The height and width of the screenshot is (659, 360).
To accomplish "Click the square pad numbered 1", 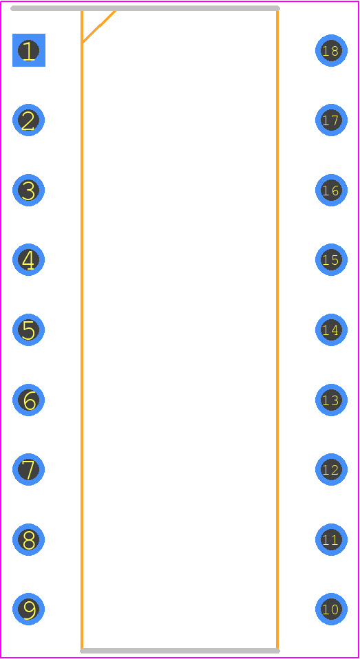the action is coord(29,50).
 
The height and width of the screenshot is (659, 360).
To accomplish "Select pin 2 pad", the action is coord(29,120).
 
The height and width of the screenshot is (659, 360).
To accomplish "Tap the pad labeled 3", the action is coord(29,190).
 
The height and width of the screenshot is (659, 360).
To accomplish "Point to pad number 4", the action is coord(29,260).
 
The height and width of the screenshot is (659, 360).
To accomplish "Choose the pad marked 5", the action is coord(29,330).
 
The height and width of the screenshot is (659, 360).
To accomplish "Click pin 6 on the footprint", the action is coord(29,400).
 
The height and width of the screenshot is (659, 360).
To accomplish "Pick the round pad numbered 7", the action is coord(29,469).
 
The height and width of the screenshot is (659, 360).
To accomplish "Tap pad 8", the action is coord(29,539).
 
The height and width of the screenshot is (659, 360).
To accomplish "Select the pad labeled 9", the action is coord(29,609).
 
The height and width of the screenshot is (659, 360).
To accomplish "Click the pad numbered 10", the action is coord(331,609).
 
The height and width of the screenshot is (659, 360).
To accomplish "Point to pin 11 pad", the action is coord(331,539).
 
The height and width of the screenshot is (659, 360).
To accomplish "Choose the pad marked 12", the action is coord(331,469).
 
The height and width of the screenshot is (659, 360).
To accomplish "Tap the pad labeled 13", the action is coord(331,400).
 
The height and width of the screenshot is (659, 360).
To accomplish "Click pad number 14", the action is coord(331,330).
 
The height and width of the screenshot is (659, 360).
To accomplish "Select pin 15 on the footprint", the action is coord(331,260).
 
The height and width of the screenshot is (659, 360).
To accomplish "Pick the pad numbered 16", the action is coord(331,190).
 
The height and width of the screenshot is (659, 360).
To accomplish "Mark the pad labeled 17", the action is coord(331,120).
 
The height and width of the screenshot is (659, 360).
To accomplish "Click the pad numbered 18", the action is coord(331,50).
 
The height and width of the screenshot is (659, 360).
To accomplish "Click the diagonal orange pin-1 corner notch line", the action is coord(99,26).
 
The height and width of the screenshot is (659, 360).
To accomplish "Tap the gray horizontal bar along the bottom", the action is coord(180,651).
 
